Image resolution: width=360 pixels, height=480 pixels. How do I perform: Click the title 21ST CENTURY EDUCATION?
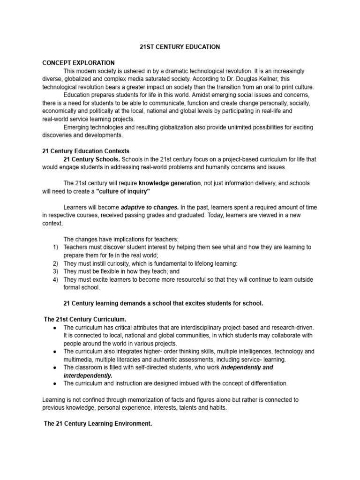[x=180, y=47]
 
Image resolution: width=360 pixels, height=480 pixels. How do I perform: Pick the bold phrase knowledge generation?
[x=170, y=183]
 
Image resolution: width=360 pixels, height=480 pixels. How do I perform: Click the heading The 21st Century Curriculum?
[x=85, y=319]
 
